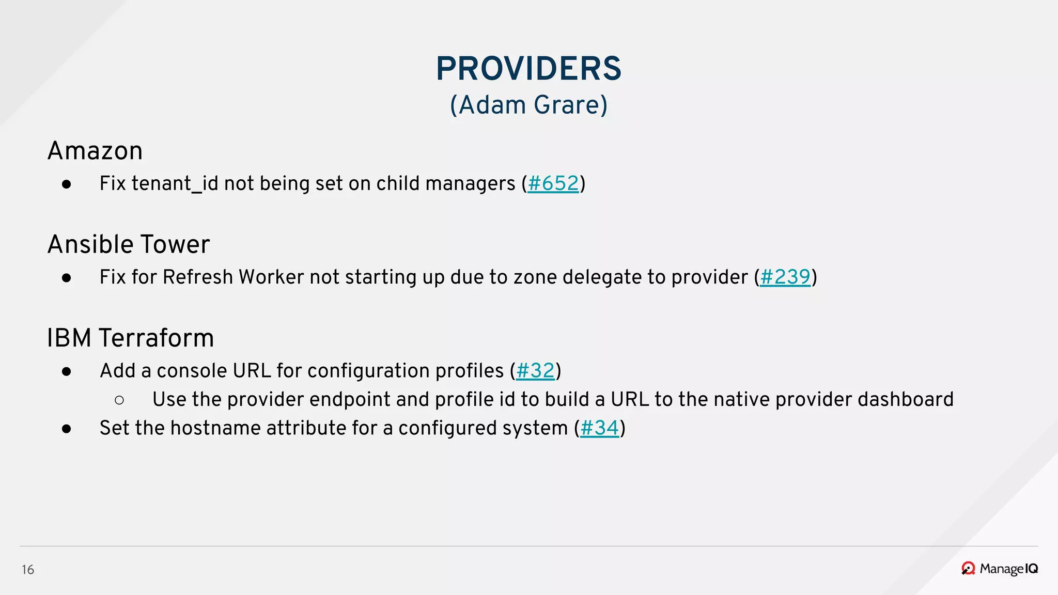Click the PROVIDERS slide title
tap(528, 69)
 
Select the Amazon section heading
tap(95, 151)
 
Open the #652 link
tap(553, 183)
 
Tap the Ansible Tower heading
tap(129, 244)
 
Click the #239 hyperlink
tap(785, 277)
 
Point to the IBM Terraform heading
tap(130, 338)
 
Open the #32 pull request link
tap(535, 370)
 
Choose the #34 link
tap(599, 428)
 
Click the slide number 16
tap(28, 570)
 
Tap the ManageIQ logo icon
tap(968, 569)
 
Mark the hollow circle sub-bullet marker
tap(119, 400)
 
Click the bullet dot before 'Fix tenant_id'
tap(66, 184)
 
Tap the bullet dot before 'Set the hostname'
tap(66, 429)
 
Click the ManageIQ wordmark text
tap(1008, 569)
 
